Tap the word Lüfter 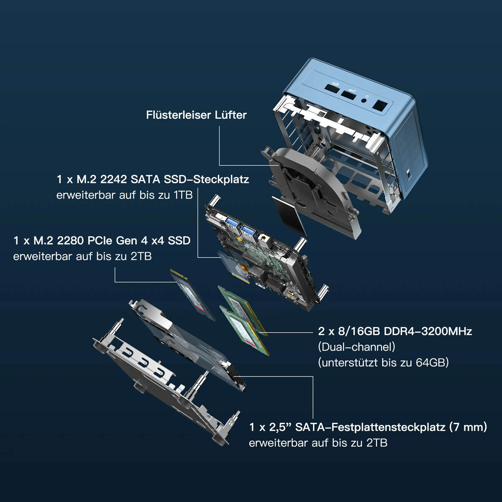pos(231,115)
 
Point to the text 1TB pos(183,195)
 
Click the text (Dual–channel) pos(357,347)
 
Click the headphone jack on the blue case pos(364,99)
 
